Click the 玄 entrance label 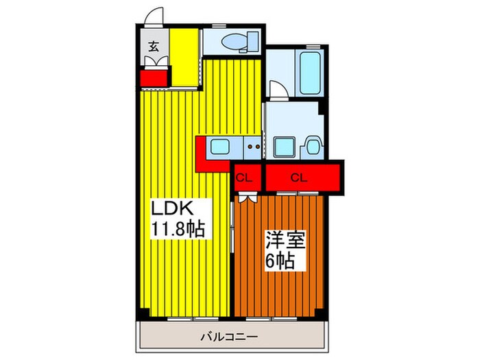pyautogui.click(x=154, y=47)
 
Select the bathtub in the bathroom pyautogui.click(x=311, y=72)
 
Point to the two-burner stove pyautogui.click(x=253, y=146)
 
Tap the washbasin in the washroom pyautogui.click(x=313, y=147)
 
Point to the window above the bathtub pyautogui.click(x=312, y=47)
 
